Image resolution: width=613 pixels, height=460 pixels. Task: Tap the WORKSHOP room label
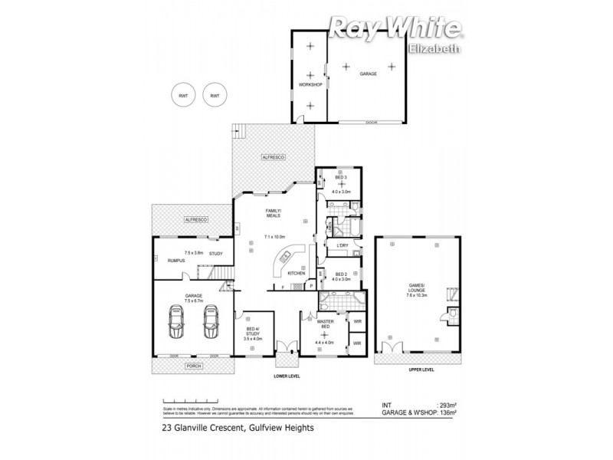[310, 84]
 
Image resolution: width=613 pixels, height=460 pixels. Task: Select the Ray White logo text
[396, 29]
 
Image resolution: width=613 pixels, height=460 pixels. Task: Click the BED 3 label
[341, 177]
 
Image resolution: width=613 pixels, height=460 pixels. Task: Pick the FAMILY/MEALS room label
[272, 213]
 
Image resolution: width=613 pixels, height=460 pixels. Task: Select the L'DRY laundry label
[343, 245]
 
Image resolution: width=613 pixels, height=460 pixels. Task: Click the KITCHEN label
[297, 273]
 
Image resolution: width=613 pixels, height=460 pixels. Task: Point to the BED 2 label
[341, 274]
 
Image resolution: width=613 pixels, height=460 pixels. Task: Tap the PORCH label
[193, 366]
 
